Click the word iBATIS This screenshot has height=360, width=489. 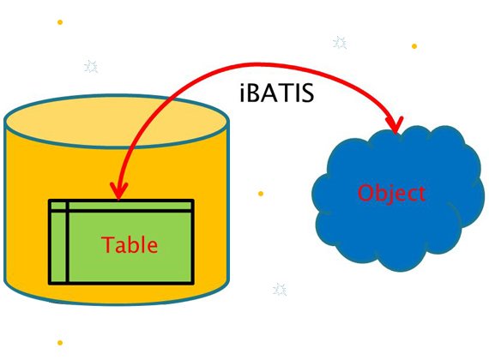coord(276,93)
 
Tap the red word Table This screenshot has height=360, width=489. coord(130,244)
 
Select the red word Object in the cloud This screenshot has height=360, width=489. coord(391,193)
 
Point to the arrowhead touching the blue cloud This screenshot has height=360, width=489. coord(395,124)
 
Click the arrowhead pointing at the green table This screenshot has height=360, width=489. coord(119,190)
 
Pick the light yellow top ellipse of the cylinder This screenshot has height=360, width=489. coord(116,122)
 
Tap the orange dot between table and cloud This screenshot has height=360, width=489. coord(261,194)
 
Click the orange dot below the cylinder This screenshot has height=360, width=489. coord(60,343)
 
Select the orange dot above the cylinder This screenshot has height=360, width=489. coord(60,22)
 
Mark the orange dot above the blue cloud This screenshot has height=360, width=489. coord(414,46)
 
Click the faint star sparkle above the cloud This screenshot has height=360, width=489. coord(340,42)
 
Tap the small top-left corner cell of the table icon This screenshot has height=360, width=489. coord(58,206)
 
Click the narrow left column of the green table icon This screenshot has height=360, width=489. coord(58,247)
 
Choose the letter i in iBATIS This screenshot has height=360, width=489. coord(243,93)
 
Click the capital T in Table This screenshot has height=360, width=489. coord(108,244)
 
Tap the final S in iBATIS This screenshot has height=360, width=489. coord(307,93)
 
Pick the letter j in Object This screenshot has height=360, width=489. coord(389,195)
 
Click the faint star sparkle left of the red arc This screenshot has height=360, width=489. coord(91,66)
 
